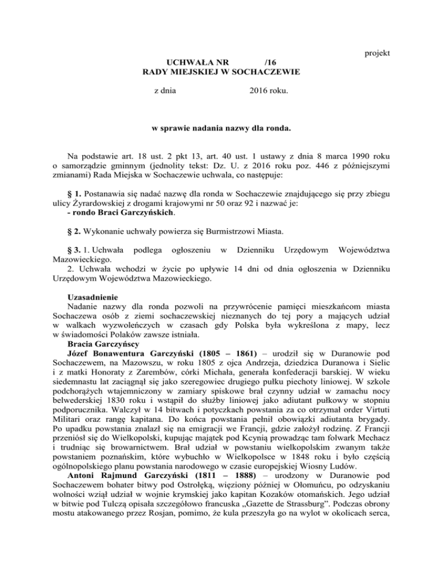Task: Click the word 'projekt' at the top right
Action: tap(378, 54)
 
